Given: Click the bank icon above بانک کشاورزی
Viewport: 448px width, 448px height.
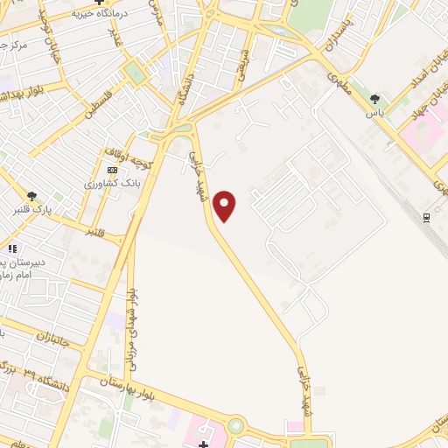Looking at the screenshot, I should click(x=111, y=170).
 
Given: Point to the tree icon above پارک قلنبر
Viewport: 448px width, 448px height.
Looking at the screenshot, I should click(x=32, y=196).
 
